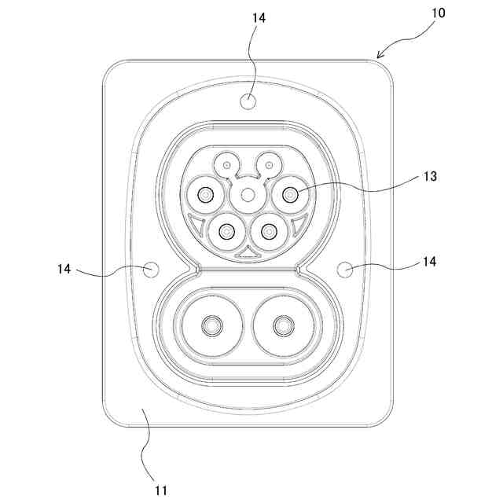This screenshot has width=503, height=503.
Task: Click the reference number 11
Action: pyautogui.click(x=161, y=490)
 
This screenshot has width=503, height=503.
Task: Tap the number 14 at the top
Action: pyautogui.click(x=259, y=18)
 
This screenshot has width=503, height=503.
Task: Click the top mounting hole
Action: pyautogui.click(x=248, y=101)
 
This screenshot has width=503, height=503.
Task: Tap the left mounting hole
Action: pyautogui.click(x=151, y=270)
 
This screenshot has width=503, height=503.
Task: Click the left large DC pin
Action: pyautogui.click(x=211, y=325)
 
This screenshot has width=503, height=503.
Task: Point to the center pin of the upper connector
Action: pyautogui.click(x=248, y=194)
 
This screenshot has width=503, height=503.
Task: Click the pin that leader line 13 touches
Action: pyautogui.click(x=292, y=194)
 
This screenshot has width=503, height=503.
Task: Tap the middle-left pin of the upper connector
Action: pyautogui.click(x=205, y=194)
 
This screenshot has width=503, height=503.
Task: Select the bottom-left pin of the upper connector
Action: pyautogui.click(x=227, y=231)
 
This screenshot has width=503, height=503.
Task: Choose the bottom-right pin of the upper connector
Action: pyautogui.click(x=270, y=231)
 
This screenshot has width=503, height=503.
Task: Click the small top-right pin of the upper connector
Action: pyautogui.click(x=270, y=165)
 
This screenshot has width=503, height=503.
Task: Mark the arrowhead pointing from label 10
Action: pyautogui.click(x=380, y=54)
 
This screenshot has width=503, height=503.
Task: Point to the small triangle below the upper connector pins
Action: pyautogui.click(x=248, y=253)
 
